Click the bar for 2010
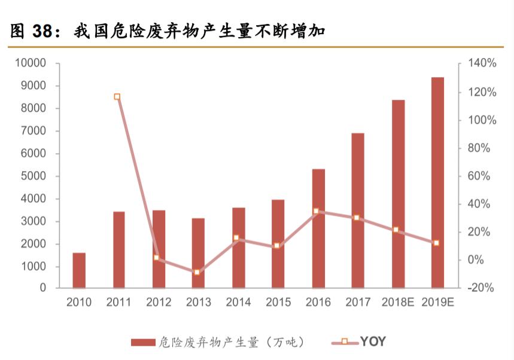pos(79,270)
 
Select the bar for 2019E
pos(437,182)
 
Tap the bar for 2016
pos(318,228)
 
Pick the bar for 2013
pos(198,253)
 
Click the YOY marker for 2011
pos(117,97)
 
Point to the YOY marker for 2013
pos(197,272)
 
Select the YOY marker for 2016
pos(317,211)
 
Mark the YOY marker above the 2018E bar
pos(396,230)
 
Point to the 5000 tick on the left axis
pos(34,176)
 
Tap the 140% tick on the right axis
pos(482,63)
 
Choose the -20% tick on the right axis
pos(481,288)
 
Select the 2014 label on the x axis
pos(238,303)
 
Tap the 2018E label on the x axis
pos(397,303)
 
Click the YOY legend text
pos(373,342)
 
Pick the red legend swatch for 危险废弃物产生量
pos(143,343)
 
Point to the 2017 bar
pos(358,210)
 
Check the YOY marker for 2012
pos(157,258)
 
